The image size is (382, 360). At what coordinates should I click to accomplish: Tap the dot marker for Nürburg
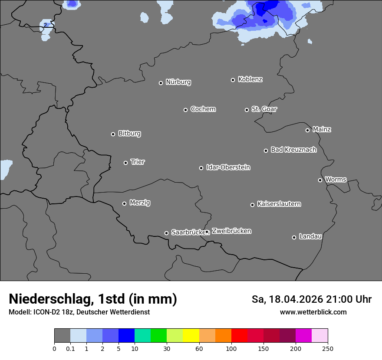(161, 83)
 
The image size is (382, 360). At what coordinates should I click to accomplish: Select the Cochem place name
(203, 109)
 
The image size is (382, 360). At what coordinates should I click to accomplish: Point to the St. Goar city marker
(247, 110)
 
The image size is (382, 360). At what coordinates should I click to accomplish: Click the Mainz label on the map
(322, 129)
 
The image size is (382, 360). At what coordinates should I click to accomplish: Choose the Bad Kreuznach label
(293, 150)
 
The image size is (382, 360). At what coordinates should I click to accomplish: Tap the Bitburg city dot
(113, 134)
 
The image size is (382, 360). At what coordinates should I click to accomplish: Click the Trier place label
(138, 162)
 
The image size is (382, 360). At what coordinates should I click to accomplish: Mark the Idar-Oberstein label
(228, 167)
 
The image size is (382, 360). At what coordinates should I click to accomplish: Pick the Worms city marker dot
(320, 180)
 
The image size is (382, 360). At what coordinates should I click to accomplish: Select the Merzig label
(140, 203)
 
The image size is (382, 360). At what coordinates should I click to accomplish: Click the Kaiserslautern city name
(279, 204)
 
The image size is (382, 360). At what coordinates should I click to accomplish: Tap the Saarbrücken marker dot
(166, 233)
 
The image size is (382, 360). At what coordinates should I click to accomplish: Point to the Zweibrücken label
(231, 231)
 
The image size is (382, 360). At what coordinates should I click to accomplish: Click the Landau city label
(310, 236)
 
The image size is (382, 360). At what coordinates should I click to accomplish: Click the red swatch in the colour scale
(239, 336)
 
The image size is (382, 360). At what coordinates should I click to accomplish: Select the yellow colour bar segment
(191, 336)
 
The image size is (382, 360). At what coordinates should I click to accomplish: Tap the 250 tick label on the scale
(328, 348)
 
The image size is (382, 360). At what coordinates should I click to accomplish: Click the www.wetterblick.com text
(313, 312)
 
